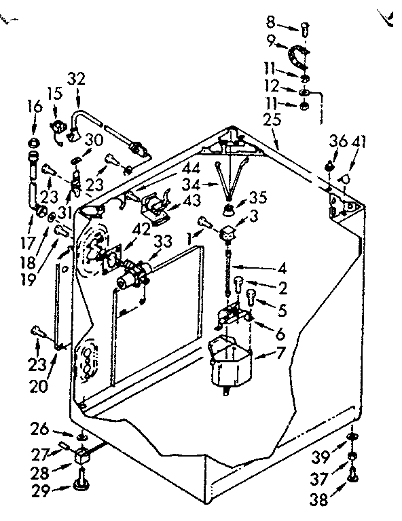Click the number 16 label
[34, 107]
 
